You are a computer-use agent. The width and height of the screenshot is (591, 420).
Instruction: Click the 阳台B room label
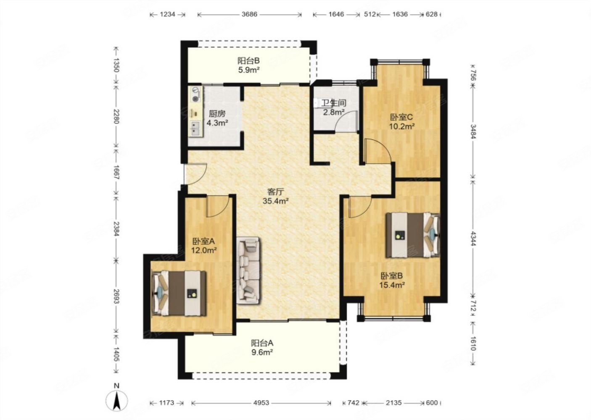coord(248,61)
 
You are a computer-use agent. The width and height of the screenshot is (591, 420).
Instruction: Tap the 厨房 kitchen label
coord(217,114)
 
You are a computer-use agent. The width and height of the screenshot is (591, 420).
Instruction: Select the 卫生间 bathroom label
coord(333,103)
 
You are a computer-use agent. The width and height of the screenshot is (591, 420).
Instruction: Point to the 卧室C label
coord(401,117)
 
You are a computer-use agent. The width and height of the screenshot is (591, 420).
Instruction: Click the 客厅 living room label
coord(275,192)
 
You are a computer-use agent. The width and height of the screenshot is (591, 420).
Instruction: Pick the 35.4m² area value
coord(275,201)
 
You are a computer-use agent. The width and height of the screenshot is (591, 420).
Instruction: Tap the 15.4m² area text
coord(392,285)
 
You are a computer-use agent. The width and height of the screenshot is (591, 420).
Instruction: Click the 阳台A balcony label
coord(262,343)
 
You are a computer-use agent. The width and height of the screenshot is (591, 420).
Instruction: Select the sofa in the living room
coord(248,270)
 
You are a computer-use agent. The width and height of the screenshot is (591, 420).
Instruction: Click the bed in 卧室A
coord(179,293)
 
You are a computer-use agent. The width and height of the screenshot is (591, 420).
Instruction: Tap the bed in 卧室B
coord(413,235)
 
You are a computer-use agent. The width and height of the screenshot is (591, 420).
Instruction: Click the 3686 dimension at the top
coord(249,14)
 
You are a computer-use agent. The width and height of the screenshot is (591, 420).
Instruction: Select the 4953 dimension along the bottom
coord(261,403)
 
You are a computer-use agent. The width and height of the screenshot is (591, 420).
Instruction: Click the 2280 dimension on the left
coord(116,116)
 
